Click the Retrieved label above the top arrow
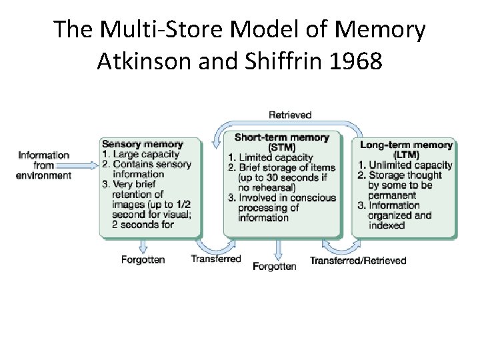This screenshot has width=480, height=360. point(290,115)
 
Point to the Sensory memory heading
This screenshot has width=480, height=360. point(142,144)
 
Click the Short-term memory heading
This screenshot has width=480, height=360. point(282,137)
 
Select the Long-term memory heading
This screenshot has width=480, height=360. point(406,145)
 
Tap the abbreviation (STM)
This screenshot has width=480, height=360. point(282,147)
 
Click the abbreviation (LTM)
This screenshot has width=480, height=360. point(406,155)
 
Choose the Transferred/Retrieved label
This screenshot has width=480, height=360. point(358,260)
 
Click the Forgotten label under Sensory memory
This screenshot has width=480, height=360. point(143,259)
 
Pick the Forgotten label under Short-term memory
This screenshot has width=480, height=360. point(275,266)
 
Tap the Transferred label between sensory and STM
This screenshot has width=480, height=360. point(216,259)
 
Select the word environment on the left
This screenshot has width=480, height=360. point(44,175)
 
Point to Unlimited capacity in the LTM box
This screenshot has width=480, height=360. point(410,165)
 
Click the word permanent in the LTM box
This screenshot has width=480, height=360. point(392,195)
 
